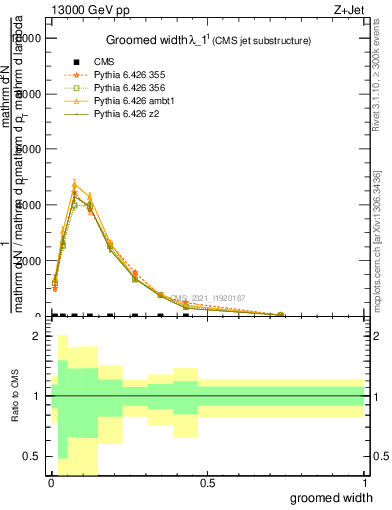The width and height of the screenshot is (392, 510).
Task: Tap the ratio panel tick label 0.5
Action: pos(31,457)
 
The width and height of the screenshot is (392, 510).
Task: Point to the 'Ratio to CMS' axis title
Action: pos(13,412)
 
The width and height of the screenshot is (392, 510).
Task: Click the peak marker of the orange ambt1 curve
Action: pos(74,184)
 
